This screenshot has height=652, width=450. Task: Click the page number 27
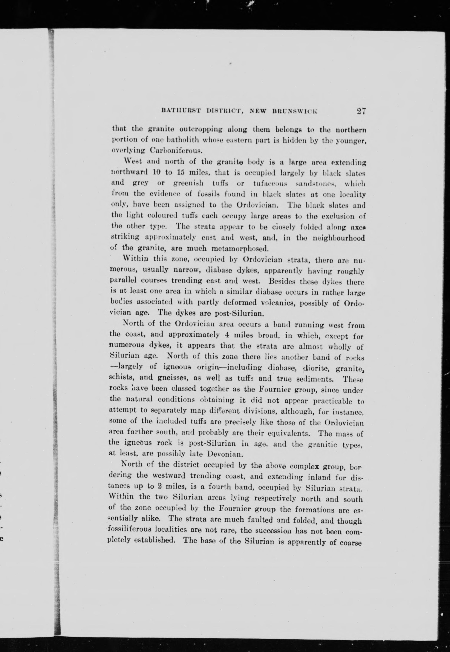361,111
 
